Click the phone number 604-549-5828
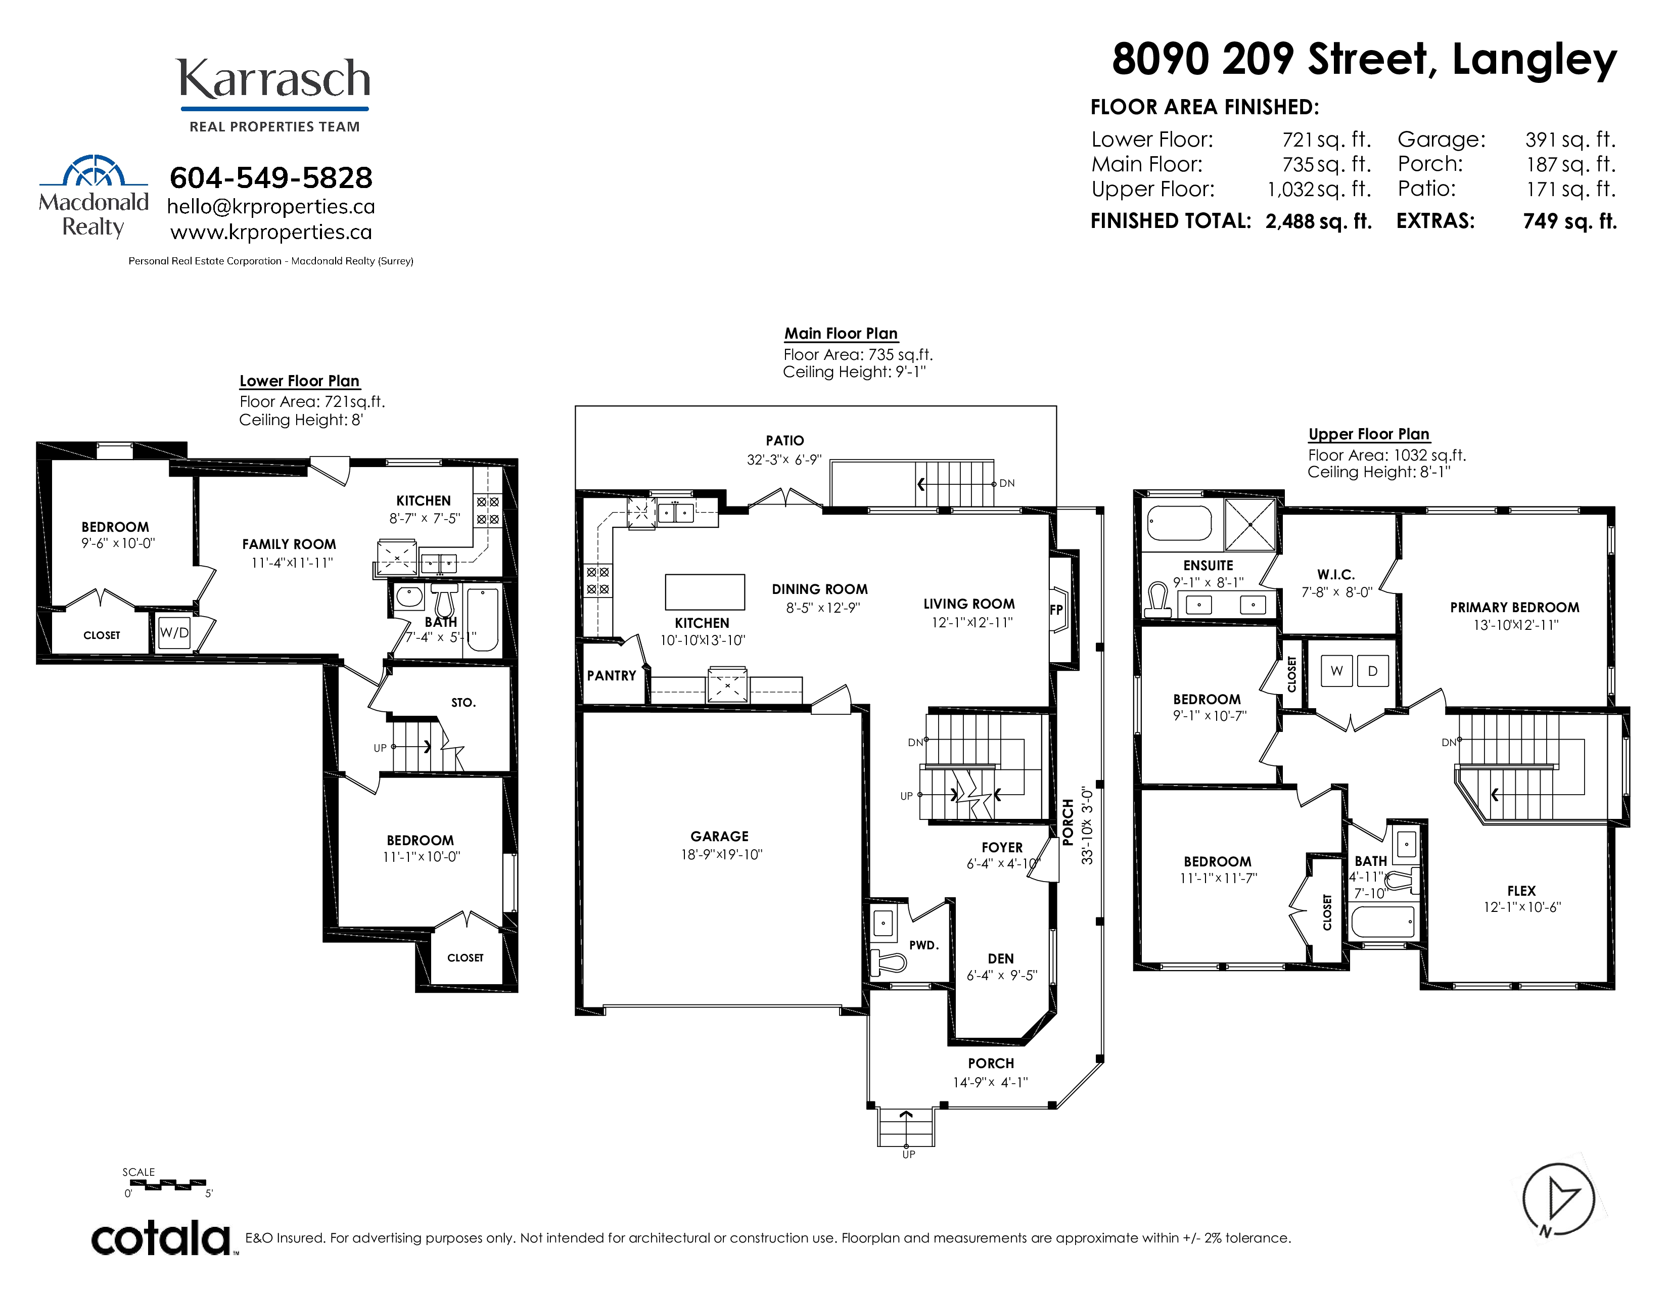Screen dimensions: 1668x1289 pyautogui.click(x=271, y=178)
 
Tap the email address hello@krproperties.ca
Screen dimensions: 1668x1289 pyautogui.click(x=271, y=207)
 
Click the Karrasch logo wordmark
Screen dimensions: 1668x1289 pyautogui.click(x=274, y=79)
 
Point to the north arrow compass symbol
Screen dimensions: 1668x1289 pyautogui.click(x=1558, y=1200)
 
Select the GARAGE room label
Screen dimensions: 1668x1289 pyautogui.click(x=719, y=836)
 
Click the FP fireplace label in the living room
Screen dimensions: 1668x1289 pyautogui.click(x=1056, y=610)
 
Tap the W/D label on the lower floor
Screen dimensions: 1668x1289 pyautogui.click(x=174, y=633)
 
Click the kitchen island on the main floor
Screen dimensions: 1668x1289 pyautogui.click(x=705, y=592)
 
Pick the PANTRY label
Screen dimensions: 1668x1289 pyautogui.click(x=611, y=676)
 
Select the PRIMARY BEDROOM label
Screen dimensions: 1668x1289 pyautogui.click(x=1514, y=607)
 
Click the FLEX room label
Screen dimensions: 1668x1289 pyautogui.click(x=1521, y=890)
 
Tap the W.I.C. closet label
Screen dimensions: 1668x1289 pyautogui.click(x=1336, y=574)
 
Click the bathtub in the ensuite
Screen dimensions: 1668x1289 pyautogui.click(x=1179, y=524)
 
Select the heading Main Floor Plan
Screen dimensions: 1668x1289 pyautogui.click(x=841, y=334)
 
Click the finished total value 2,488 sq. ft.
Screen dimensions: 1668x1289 pyautogui.click(x=1319, y=221)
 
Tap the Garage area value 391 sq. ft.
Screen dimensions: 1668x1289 pyautogui.click(x=1570, y=140)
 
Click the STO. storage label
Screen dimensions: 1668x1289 pyautogui.click(x=464, y=703)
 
